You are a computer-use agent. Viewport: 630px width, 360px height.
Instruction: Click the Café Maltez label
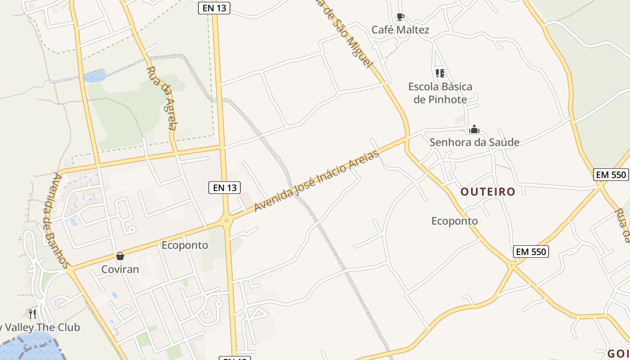click(400, 30)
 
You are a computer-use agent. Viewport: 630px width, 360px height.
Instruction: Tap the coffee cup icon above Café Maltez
click(400, 17)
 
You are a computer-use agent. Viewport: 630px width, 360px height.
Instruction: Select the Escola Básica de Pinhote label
click(440, 93)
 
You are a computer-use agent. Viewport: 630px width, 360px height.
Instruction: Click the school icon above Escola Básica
click(440, 73)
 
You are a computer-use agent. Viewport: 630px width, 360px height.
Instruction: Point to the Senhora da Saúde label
click(474, 142)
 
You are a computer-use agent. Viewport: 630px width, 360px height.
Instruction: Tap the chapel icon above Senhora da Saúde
click(474, 130)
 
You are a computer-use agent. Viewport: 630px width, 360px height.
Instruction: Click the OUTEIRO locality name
click(487, 192)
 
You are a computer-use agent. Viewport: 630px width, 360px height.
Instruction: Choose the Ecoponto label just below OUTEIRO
click(454, 221)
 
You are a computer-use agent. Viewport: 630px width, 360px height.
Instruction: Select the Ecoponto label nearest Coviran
click(184, 245)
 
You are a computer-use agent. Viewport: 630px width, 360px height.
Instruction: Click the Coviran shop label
click(120, 270)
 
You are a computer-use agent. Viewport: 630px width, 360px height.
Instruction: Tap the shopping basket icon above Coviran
click(120, 256)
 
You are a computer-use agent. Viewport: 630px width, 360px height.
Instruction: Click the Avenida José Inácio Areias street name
click(317, 181)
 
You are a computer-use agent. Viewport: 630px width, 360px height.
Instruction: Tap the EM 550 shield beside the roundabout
click(531, 252)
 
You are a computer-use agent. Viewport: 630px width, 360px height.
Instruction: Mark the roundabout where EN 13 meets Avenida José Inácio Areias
click(226, 220)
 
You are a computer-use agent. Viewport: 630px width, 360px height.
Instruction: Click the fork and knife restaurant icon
click(32, 314)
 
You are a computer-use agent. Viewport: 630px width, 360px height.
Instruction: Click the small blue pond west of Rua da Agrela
click(94, 76)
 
